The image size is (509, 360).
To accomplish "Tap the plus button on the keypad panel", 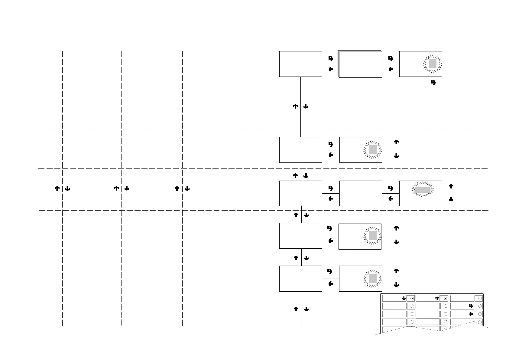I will (446, 298).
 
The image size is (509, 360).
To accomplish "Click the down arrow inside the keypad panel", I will (404, 298).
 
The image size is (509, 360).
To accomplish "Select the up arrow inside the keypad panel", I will (437, 298).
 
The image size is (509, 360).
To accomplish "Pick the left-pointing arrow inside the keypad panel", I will (471, 314).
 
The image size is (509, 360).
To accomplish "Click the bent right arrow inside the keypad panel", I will (471, 306).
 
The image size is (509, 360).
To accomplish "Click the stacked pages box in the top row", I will (360, 64).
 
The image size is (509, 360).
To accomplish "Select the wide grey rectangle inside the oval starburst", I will (423, 190).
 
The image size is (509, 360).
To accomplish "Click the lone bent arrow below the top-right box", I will (433, 83).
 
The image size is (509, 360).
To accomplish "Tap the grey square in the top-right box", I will (433, 64).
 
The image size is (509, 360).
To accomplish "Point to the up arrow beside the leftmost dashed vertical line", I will (57, 188).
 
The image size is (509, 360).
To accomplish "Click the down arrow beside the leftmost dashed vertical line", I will (67, 188).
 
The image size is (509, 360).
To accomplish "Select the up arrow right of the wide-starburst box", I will (451, 186).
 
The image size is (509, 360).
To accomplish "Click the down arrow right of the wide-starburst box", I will (451, 199).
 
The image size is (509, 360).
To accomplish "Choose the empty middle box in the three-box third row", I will (361, 193).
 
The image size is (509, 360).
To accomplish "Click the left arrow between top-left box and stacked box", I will (331, 69).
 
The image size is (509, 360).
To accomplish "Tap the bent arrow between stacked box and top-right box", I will (391, 58).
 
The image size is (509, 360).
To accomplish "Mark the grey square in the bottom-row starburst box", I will (373, 279).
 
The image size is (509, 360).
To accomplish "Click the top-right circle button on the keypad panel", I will (480, 298).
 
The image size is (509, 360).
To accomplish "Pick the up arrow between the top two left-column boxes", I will (296, 106).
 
